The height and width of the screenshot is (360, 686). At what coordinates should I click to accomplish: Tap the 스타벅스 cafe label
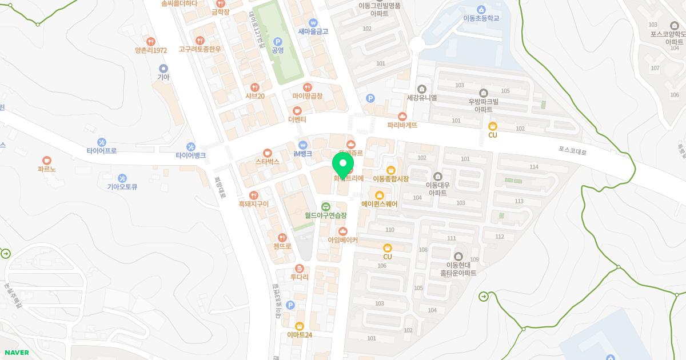(267, 162)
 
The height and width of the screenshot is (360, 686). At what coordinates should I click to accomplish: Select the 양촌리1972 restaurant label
(151, 50)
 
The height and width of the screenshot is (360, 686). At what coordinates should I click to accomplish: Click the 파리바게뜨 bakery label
(402, 125)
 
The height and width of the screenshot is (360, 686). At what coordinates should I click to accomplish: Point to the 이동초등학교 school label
(481, 18)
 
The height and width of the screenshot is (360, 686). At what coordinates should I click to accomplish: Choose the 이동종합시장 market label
(391, 179)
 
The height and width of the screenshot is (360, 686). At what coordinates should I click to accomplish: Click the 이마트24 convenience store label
(300, 334)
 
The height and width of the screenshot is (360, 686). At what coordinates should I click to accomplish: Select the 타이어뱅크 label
(190, 155)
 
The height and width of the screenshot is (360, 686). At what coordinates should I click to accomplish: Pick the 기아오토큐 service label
(122, 186)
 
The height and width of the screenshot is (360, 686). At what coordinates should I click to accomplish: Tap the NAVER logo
(15, 353)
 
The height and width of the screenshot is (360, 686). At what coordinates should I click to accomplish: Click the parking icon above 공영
(278, 41)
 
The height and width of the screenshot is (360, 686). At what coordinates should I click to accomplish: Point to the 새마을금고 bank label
(313, 31)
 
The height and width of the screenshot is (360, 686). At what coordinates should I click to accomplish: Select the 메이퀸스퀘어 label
(379, 203)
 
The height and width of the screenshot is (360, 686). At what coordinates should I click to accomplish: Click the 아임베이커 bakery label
(342, 241)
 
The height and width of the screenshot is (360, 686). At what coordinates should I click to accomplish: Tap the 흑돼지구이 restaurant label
(254, 203)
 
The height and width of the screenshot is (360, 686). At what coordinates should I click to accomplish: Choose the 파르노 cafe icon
(47, 161)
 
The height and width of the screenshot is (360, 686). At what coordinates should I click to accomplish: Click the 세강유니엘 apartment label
(421, 97)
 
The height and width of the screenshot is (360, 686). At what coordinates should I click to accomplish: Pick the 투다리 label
(299, 277)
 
